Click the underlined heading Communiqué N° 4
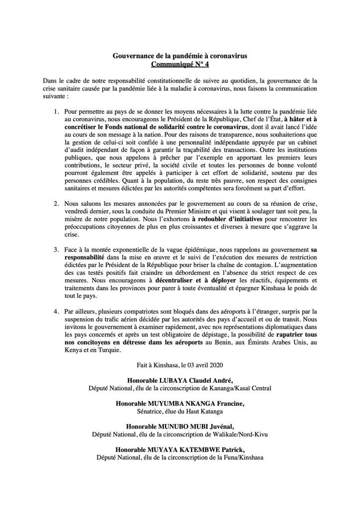pyautogui.click(x=180, y=65)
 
